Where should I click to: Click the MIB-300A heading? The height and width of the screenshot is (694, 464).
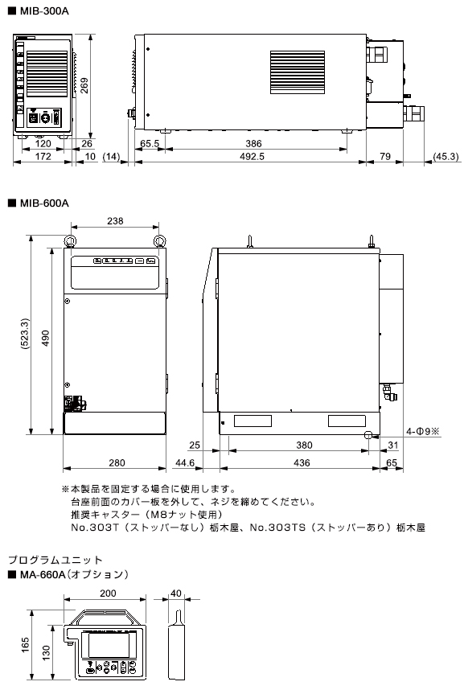[x=44, y=11]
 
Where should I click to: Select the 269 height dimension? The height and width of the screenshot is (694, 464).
[x=84, y=85]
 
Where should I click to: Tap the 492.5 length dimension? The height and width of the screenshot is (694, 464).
[x=252, y=156]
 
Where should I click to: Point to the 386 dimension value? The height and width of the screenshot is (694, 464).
[x=253, y=144]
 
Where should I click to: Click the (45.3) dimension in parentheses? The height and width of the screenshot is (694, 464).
[x=446, y=156]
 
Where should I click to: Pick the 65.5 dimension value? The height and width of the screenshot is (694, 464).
[x=150, y=144]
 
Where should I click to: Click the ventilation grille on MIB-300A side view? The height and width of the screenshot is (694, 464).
[x=298, y=72]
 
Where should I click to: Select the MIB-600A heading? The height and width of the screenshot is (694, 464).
[x=44, y=203]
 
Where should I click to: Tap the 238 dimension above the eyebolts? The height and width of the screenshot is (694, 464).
[x=115, y=221]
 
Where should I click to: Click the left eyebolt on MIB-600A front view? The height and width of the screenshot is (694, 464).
[x=70, y=241]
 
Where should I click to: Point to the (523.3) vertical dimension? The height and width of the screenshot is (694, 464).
[x=25, y=334]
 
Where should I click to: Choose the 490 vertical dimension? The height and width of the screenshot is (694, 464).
[x=46, y=338]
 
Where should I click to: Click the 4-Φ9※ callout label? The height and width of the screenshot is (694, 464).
[x=422, y=431]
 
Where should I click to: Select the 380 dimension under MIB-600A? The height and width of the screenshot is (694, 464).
[x=305, y=446]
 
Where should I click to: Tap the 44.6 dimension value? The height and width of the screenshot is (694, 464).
[x=185, y=463]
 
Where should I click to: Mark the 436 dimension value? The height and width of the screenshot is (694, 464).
[x=302, y=463]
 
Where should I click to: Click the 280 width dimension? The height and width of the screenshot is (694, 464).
[x=117, y=463]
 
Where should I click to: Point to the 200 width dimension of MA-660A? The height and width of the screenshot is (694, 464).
[x=108, y=593]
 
